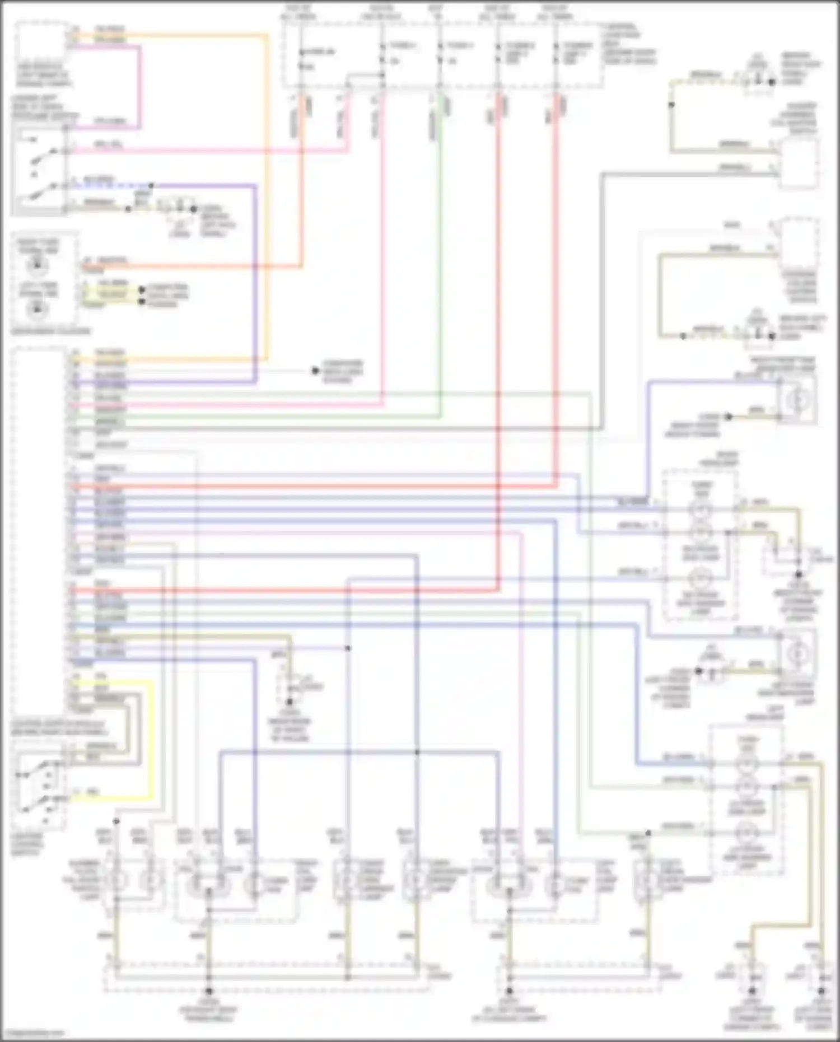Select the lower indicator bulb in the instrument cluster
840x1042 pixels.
pos(38,307)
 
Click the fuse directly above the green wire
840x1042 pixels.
pos(440,53)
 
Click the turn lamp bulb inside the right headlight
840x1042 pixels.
pos(700,510)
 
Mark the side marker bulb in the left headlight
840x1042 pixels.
pos(746,831)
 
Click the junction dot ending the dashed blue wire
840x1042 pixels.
pos(151,185)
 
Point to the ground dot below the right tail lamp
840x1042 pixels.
pos(208,992)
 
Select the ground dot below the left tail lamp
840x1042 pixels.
pos(509,992)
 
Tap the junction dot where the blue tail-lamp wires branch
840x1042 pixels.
pos(417,752)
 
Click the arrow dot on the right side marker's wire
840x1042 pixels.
pos(729,417)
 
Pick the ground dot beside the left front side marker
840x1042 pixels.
pos(698,671)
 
